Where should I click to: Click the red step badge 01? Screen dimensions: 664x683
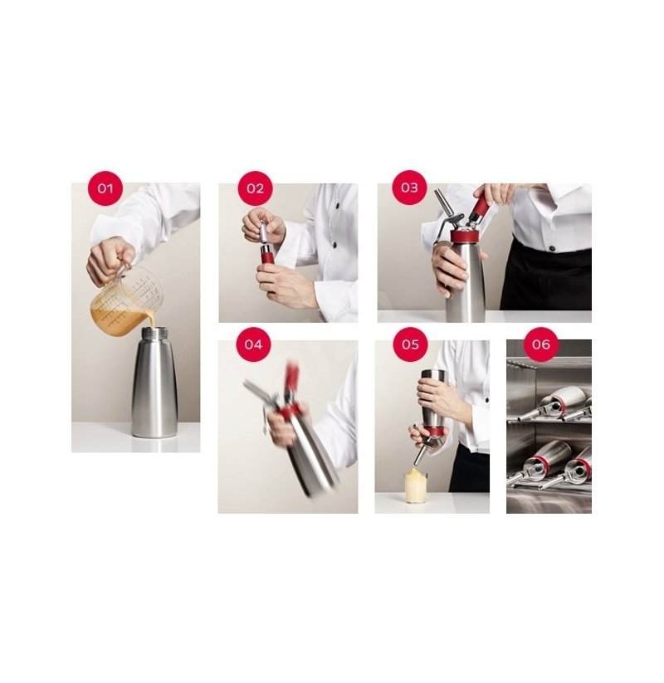click(105, 188)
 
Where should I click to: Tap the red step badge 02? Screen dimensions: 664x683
click(256, 188)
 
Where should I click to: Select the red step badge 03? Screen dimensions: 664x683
click(409, 188)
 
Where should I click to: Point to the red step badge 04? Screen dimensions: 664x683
click(253, 344)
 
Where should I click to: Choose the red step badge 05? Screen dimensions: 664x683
click(410, 344)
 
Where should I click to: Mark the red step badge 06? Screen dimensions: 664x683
click(541, 344)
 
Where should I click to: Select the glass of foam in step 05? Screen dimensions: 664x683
click(416, 485)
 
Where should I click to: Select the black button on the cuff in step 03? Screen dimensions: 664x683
click(552, 249)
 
